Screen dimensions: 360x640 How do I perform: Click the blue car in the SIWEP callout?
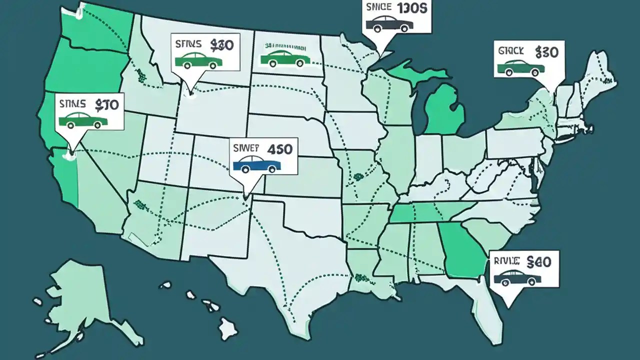pos(257,165)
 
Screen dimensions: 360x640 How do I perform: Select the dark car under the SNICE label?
pos(389,23)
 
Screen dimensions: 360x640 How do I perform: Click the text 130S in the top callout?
pos(411,8)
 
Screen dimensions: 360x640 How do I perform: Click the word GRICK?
pos(511,50)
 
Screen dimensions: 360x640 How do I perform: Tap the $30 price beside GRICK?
pos(546,51)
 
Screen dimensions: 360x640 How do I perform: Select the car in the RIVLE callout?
pos(517,277)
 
